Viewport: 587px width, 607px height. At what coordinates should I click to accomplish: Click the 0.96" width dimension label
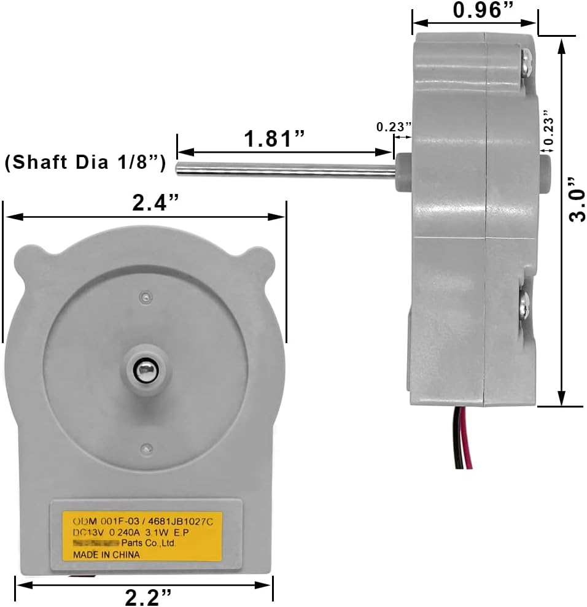point(475,10)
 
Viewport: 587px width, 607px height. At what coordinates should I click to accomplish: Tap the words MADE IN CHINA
point(106,555)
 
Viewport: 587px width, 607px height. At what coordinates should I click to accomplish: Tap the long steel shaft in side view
point(282,169)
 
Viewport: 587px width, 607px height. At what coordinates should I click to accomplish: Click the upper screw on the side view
point(526,61)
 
